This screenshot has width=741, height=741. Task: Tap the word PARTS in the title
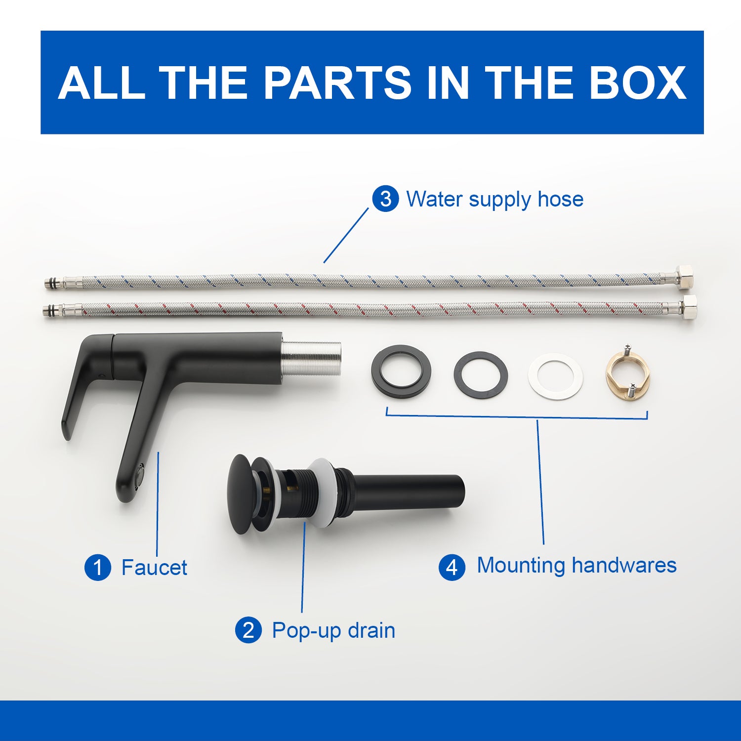coord(337,82)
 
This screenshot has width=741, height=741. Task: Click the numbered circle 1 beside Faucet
coord(98,568)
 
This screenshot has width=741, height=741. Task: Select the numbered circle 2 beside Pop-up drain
coord(248,630)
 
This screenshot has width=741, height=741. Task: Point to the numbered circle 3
coord(386,199)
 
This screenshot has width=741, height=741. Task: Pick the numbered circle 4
coord(452,567)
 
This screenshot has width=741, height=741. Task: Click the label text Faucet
coord(154,568)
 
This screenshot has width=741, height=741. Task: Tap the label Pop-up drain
coord(333,631)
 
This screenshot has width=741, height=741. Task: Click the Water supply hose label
coord(494,200)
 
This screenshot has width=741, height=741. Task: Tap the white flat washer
coord(556,376)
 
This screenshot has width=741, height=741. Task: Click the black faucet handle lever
coord(86,380)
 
